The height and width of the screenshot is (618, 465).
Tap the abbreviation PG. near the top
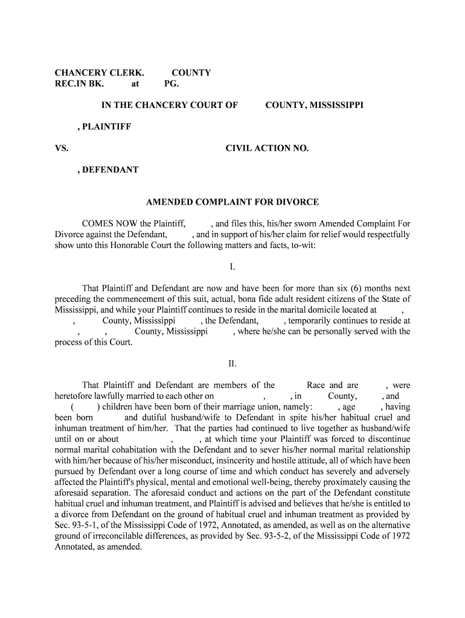coord(172,84)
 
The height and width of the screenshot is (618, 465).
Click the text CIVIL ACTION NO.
coord(267,148)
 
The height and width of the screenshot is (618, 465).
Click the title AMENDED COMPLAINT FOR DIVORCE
coord(232,202)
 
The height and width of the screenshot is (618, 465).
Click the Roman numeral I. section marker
coord(232,266)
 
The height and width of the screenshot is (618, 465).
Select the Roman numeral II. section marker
coord(232,363)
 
